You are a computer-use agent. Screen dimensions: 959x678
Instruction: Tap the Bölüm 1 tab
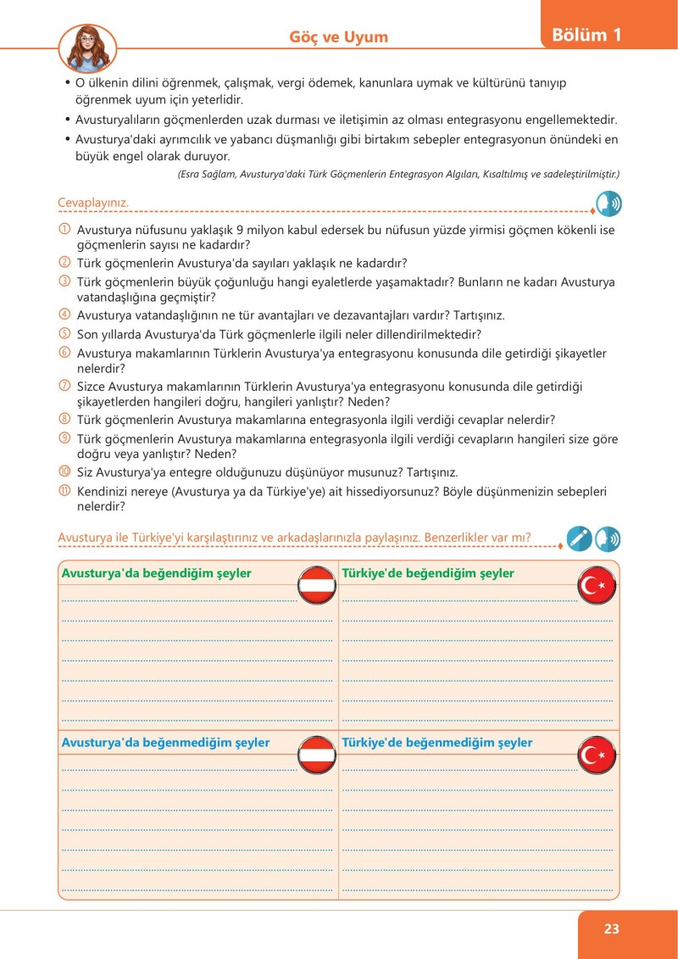[x=586, y=35]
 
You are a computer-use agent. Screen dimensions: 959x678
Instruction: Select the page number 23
[x=612, y=928]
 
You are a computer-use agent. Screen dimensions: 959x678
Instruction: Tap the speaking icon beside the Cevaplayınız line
[x=608, y=204]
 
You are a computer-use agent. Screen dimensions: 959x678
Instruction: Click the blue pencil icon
[x=579, y=538]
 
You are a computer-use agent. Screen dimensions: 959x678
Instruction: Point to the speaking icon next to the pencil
[x=608, y=538]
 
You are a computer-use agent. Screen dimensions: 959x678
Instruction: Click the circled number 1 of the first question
[x=64, y=229]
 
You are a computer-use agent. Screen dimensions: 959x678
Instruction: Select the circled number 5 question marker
[x=64, y=334]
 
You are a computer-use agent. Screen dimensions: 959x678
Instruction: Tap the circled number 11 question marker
[x=64, y=491]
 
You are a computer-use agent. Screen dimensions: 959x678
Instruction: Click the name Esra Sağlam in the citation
[x=208, y=174]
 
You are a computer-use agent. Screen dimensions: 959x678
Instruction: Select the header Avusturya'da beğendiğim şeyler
[x=156, y=573]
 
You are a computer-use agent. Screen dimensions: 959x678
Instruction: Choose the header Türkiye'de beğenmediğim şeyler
[x=436, y=743]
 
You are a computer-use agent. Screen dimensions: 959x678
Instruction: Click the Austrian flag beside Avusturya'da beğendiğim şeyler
[x=316, y=585]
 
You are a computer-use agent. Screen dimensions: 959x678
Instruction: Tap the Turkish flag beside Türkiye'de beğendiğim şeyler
[x=597, y=585]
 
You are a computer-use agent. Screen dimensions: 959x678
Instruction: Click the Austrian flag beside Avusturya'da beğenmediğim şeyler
[x=316, y=755]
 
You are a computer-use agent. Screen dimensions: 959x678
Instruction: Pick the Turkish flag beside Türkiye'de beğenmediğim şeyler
[x=597, y=755]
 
